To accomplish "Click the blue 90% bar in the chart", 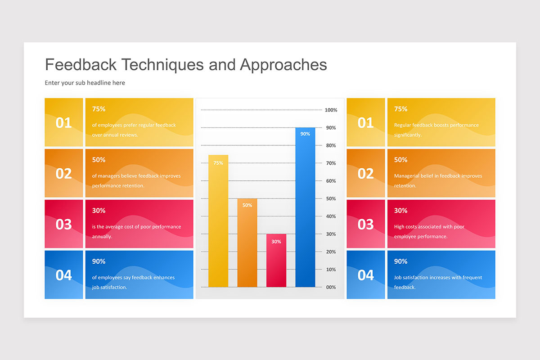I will (x=305, y=207).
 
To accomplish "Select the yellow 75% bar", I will (x=218, y=220).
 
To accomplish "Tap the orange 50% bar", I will (x=247, y=243).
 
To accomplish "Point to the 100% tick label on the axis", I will (x=331, y=110).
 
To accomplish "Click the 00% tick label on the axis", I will (x=331, y=287).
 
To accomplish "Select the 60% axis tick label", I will (x=331, y=181).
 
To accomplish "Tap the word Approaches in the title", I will (x=283, y=65).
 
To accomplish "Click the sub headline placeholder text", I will (x=85, y=83).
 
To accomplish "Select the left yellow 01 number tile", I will (x=64, y=122).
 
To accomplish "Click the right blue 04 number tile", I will (x=365, y=275).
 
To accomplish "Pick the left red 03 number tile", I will (x=64, y=224).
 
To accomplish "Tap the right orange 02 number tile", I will (x=365, y=173).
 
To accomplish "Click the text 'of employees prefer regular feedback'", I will (x=134, y=125).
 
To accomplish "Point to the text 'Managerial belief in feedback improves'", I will (x=438, y=176).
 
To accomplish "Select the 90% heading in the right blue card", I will (x=400, y=261).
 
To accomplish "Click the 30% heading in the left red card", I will (x=99, y=211).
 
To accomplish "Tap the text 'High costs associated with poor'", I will (x=429, y=227).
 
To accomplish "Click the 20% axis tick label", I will (x=331, y=252).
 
